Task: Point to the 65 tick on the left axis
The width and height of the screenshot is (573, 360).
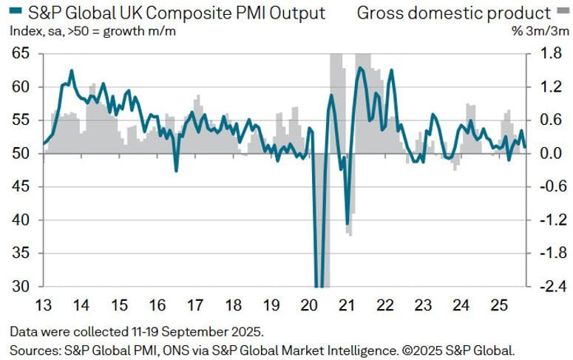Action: (x=21, y=54)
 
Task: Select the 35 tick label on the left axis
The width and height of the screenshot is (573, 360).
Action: (x=21, y=254)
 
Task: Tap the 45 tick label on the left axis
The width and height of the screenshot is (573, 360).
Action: (x=21, y=187)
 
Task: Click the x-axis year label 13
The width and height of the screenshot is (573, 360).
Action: (x=43, y=305)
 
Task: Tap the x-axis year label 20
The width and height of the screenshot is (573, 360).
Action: (x=308, y=305)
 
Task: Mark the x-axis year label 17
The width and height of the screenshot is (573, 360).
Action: (x=194, y=305)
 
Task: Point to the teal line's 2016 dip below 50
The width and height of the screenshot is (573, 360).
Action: (x=176, y=171)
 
